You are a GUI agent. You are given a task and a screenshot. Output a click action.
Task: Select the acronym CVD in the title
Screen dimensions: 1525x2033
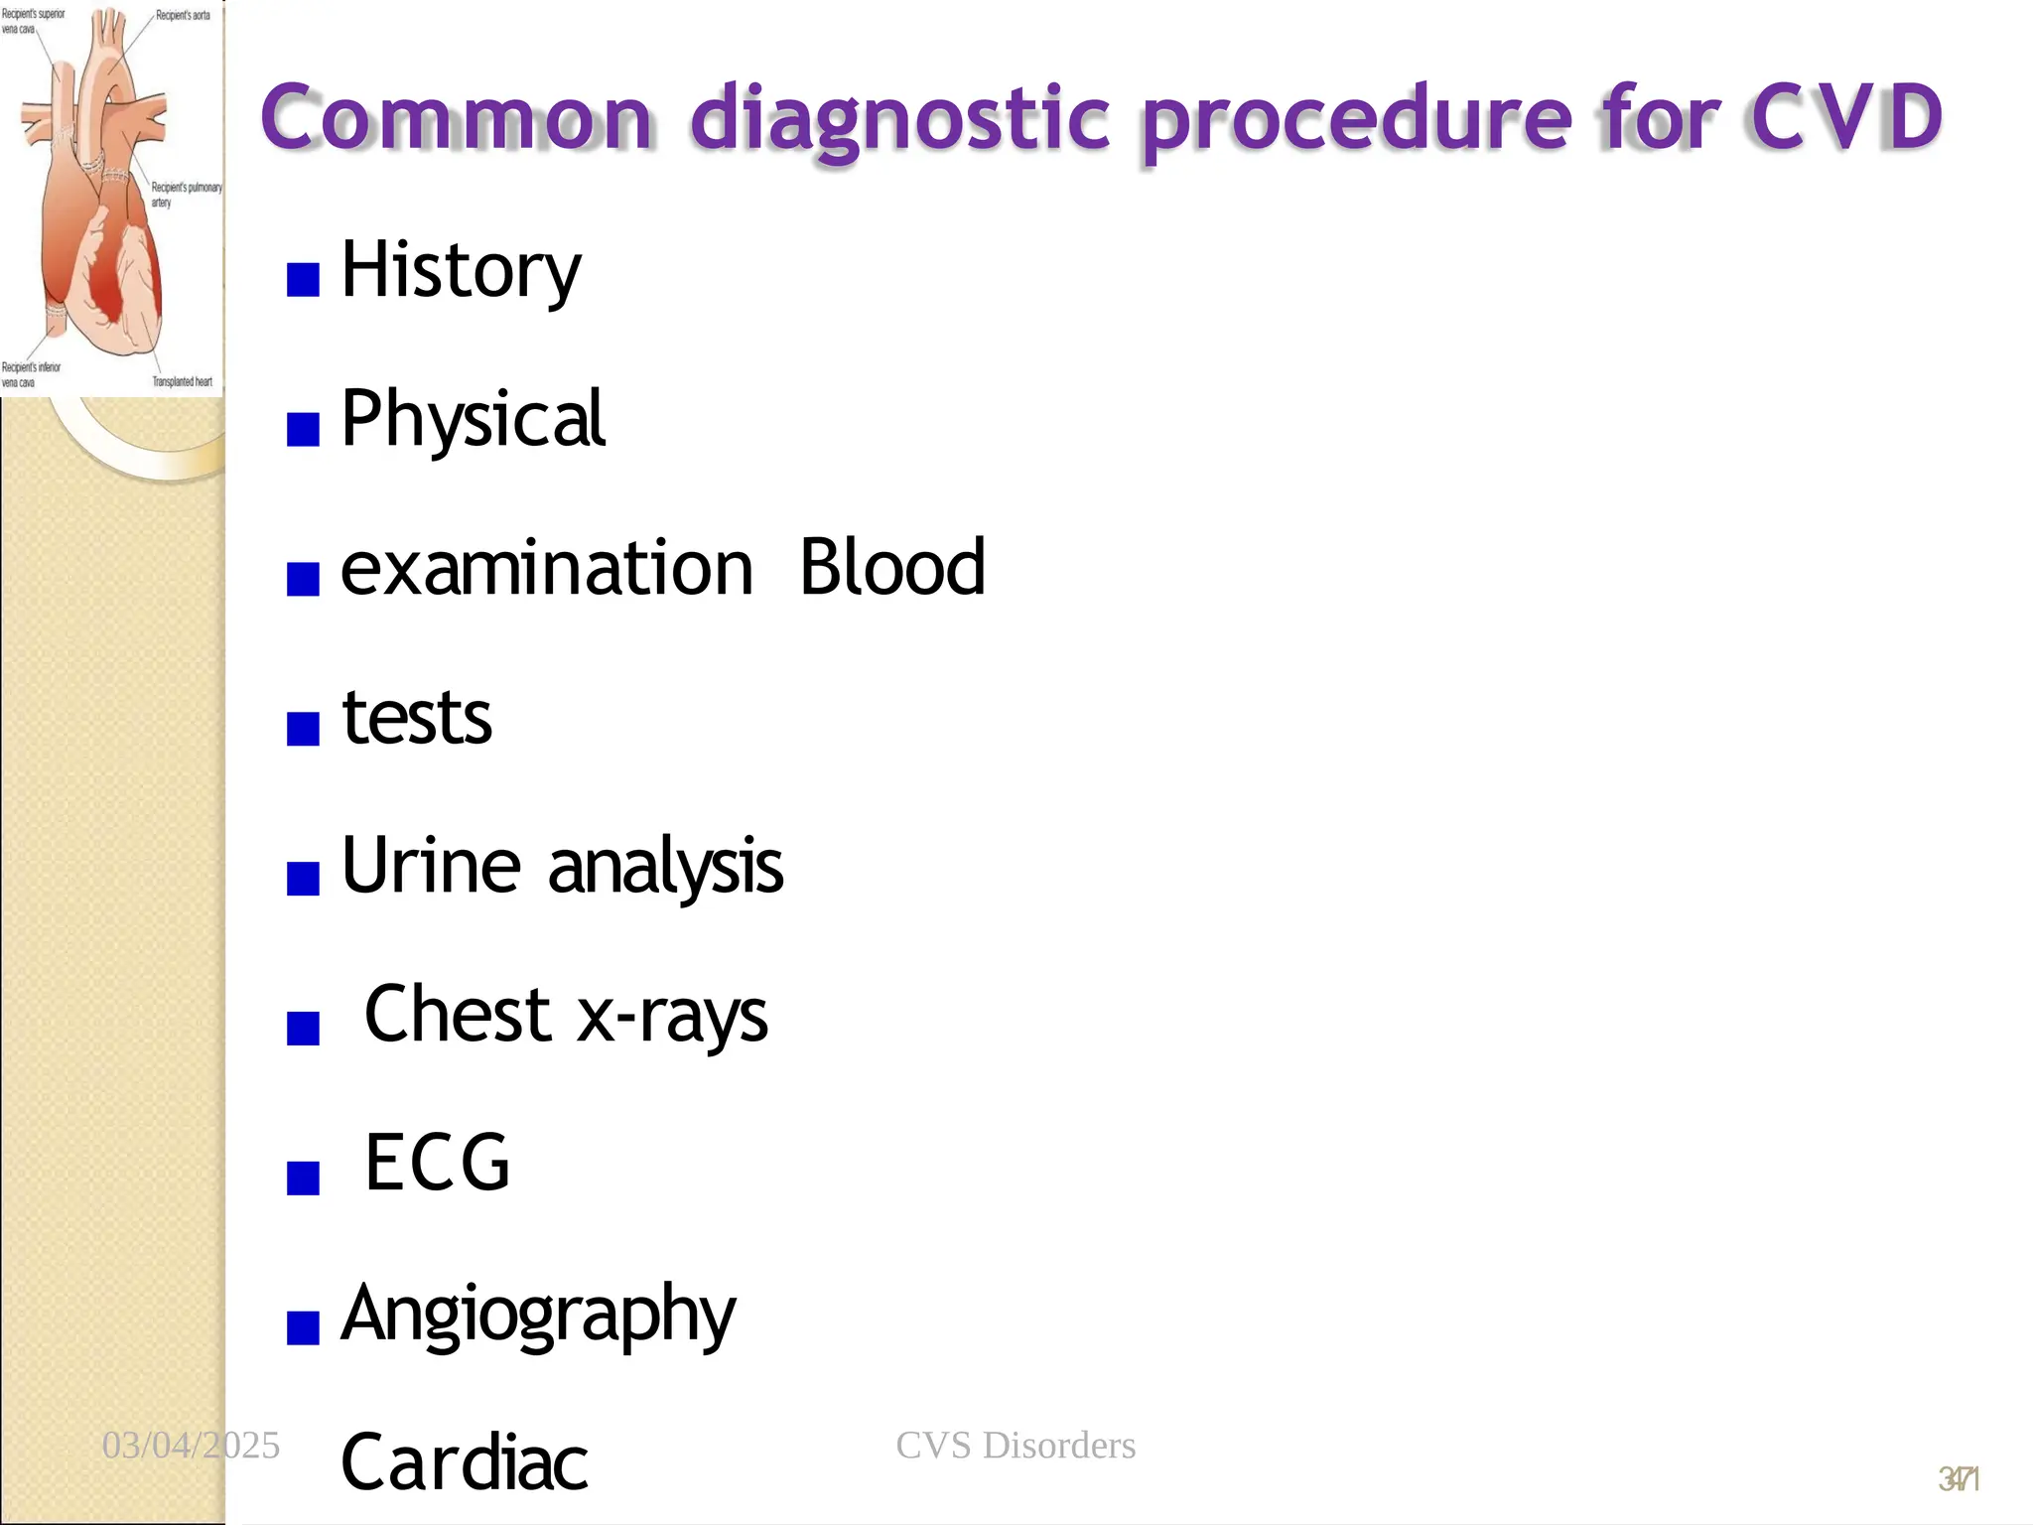(1846, 117)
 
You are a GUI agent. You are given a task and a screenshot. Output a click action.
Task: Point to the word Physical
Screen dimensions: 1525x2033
(473, 419)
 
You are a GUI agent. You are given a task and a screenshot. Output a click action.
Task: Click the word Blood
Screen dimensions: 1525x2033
(891, 568)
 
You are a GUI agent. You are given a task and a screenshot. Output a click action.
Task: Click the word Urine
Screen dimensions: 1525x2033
(431, 866)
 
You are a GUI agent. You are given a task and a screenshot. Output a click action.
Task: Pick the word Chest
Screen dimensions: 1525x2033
(458, 1015)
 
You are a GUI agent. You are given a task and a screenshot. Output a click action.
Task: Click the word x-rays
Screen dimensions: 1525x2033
(673, 1017)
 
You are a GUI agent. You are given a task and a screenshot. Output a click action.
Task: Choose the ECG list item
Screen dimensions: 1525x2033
(437, 1164)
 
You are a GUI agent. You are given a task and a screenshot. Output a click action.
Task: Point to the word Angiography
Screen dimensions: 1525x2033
(538, 1315)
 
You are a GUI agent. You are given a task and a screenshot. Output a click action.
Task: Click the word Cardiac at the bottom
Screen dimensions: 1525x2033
(465, 1463)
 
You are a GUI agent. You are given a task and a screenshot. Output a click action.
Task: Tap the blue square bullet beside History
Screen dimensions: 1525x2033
(303, 280)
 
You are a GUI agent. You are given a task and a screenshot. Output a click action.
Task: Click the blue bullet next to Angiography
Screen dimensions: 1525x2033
(303, 1326)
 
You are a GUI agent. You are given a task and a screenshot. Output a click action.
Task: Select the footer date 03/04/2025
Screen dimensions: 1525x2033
(191, 1446)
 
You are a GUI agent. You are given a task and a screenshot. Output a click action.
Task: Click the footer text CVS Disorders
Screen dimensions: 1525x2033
(1016, 1446)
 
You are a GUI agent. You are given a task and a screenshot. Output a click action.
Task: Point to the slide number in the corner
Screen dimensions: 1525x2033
(1959, 1479)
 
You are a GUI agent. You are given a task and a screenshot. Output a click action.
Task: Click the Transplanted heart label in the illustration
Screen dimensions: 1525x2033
(183, 381)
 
